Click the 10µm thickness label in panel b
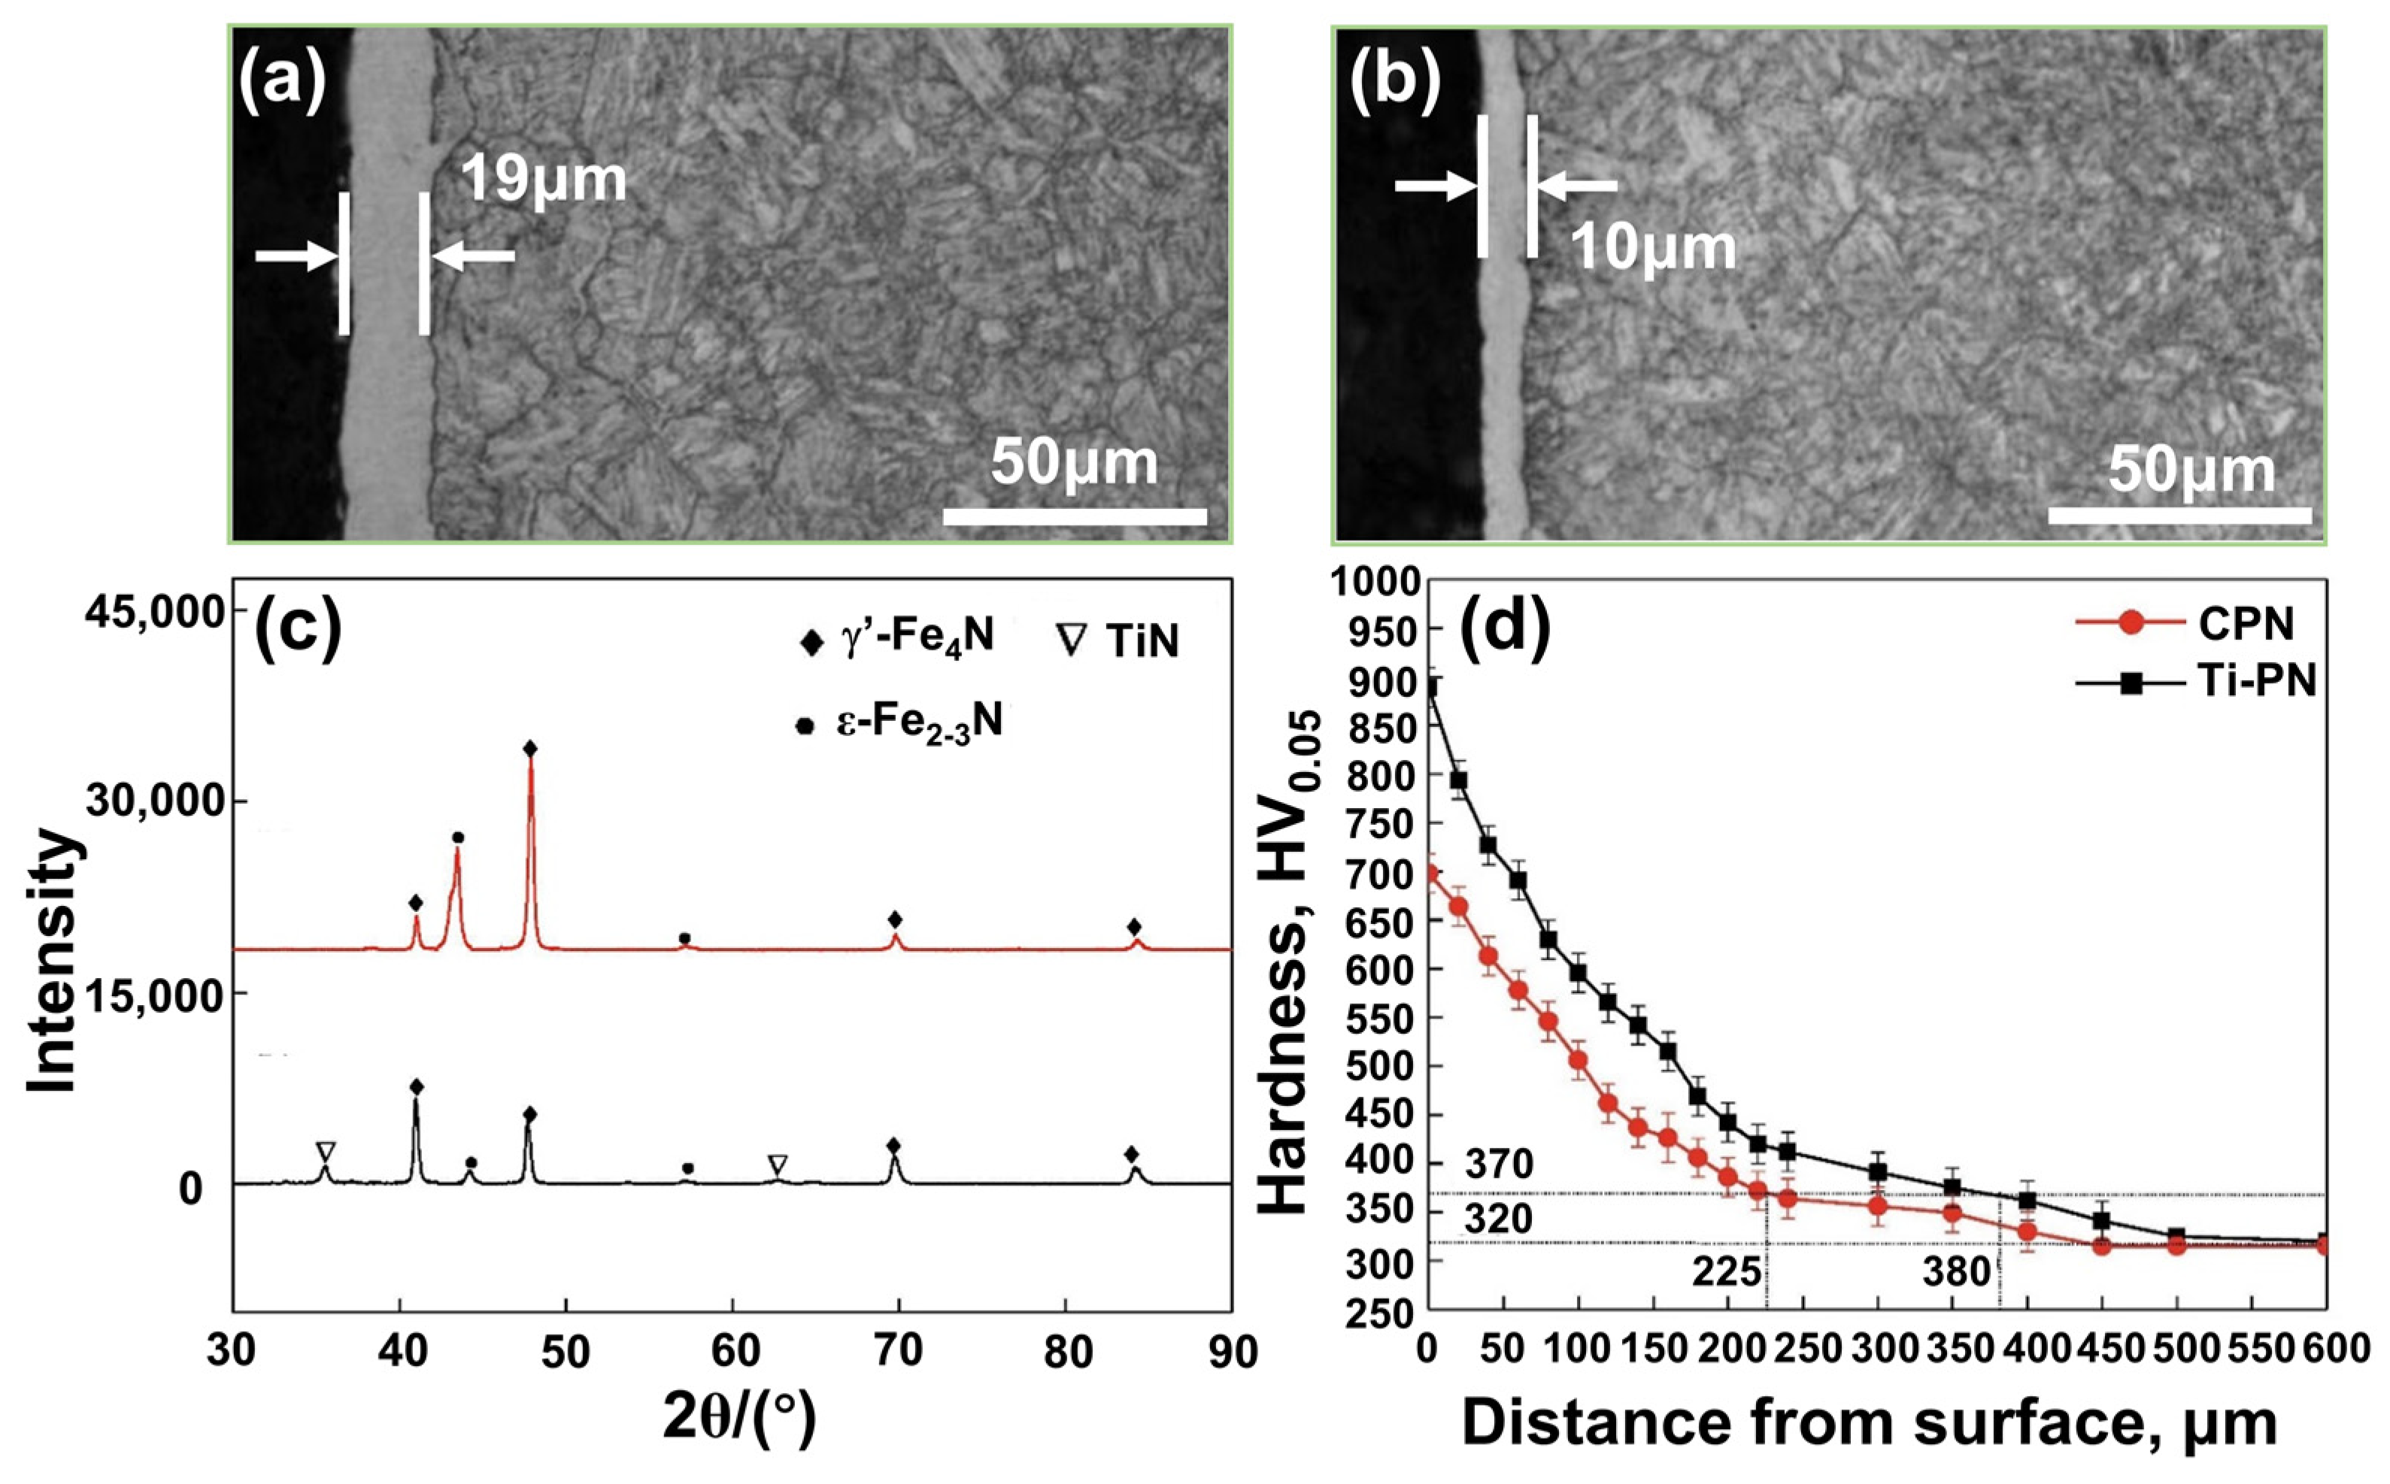point(1653,248)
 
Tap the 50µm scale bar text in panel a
point(1074,463)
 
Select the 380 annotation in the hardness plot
point(1956,1273)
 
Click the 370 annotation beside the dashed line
point(1499,1165)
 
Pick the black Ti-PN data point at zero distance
point(1430,689)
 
